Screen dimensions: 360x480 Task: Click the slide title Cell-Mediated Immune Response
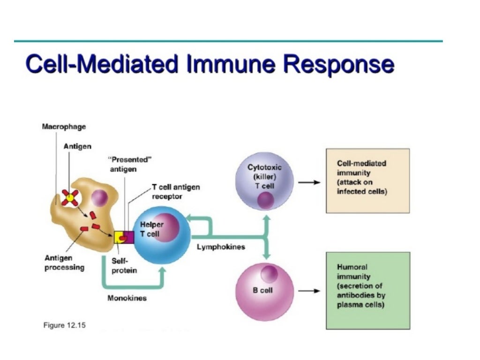pyautogui.click(x=210, y=65)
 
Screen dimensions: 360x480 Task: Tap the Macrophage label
pyautogui.click(x=64, y=127)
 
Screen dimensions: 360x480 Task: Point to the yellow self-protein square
pyautogui.click(x=119, y=237)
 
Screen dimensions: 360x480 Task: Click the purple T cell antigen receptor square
pyautogui.click(x=129, y=237)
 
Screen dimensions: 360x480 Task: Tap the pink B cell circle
pyautogui.click(x=264, y=291)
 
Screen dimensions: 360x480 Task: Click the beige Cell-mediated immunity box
pyautogui.click(x=367, y=180)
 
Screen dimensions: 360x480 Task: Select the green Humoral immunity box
pyautogui.click(x=367, y=290)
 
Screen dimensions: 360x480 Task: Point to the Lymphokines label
pyautogui.click(x=221, y=247)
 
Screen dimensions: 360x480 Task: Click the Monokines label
pyautogui.click(x=127, y=299)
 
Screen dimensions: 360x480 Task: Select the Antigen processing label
pyautogui.click(x=64, y=263)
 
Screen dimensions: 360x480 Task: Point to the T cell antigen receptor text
pyautogui.click(x=175, y=192)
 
